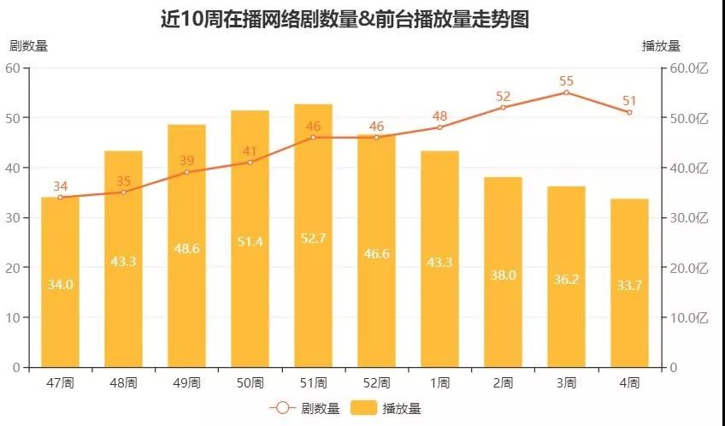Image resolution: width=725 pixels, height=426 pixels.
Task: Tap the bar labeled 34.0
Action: click(x=60, y=282)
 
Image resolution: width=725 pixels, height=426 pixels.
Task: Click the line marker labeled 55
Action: click(x=566, y=92)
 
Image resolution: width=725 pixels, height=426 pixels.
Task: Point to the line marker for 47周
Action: click(x=60, y=198)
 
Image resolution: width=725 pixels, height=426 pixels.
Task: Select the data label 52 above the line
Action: click(x=503, y=97)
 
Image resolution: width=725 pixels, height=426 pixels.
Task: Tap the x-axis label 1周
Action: click(x=439, y=382)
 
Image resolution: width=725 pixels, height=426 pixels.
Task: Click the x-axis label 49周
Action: click(x=186, y=382)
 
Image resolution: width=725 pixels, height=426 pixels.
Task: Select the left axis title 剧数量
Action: click(x=28, y=46)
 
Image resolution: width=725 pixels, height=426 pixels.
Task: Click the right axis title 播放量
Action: click(x=660, y=46)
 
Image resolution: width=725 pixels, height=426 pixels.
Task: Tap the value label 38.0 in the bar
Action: click(x=503, y=275)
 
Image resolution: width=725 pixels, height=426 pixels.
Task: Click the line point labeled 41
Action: click(x=250, y=163)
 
